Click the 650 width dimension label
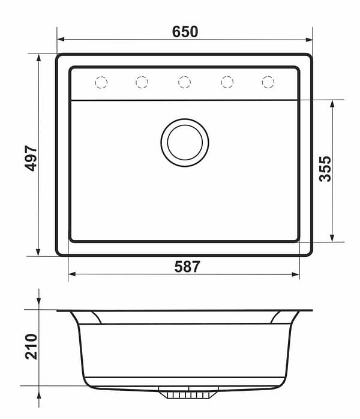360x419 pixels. click(185, 32)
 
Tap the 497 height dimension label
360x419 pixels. click(31, 158)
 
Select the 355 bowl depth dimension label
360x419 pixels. click(325, 169)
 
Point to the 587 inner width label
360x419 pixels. click(187, 267)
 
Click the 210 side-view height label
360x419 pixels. click(32, 346)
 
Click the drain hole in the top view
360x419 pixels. click(185, 143)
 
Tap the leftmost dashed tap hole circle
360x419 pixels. click(101, 82)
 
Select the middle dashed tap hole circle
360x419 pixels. click(185, 82)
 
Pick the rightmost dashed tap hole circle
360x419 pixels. click(268, 82)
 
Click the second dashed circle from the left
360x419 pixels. click(142, 82)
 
